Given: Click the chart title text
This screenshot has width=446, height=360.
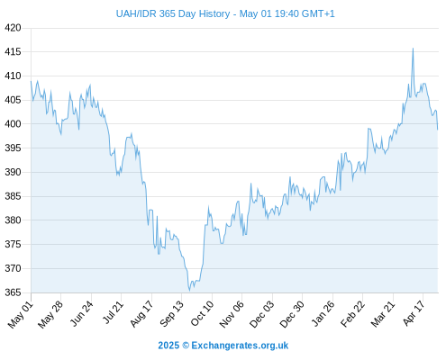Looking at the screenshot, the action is coord(225,13).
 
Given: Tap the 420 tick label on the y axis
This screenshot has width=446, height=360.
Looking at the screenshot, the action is coord(13,28).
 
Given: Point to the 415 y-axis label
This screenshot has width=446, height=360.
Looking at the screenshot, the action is coord(13,52).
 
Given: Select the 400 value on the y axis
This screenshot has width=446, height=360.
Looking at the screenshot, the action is coord(13,123).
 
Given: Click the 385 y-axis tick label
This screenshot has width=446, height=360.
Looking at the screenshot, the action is coord(13,196).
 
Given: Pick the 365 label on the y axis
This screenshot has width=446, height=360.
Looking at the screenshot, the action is coord(13,292).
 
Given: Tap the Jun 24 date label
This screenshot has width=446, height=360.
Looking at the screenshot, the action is coord(82,313).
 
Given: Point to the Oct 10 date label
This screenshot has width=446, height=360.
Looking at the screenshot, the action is coord(203,313).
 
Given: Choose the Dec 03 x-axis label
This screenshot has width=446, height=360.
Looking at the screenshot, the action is coord(262,314).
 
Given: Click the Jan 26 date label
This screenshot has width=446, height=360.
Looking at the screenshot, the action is coord(323,313).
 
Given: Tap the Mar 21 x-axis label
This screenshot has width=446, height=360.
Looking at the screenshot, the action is coord(383,313).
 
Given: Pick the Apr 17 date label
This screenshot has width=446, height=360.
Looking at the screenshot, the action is coord(414,313).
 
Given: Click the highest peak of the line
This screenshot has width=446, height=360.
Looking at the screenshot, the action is coord(413,49).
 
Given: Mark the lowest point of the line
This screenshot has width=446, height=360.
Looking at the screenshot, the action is coord(189,291).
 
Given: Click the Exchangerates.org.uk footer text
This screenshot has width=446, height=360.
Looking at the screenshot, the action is coord(240,346).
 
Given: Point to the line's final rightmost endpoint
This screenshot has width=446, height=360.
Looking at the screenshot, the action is coord(438,130).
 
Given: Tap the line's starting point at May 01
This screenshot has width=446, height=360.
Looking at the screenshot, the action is coord(31,81).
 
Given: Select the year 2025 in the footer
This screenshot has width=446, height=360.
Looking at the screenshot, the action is coord(168,346).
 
